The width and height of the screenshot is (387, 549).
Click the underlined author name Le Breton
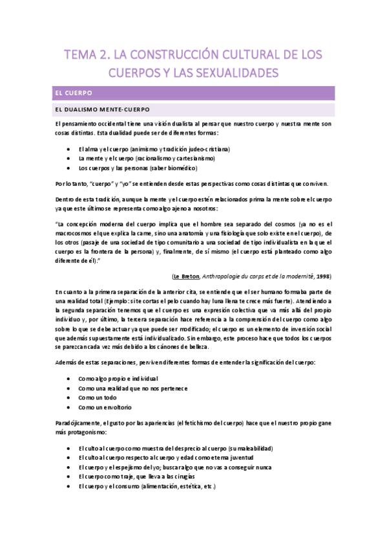click(185, 256)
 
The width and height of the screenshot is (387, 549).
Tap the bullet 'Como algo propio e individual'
click(118, 378)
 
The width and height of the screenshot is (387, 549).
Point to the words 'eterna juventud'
click(228, 457)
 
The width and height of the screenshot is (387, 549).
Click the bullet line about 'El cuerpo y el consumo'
click(146, 486)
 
